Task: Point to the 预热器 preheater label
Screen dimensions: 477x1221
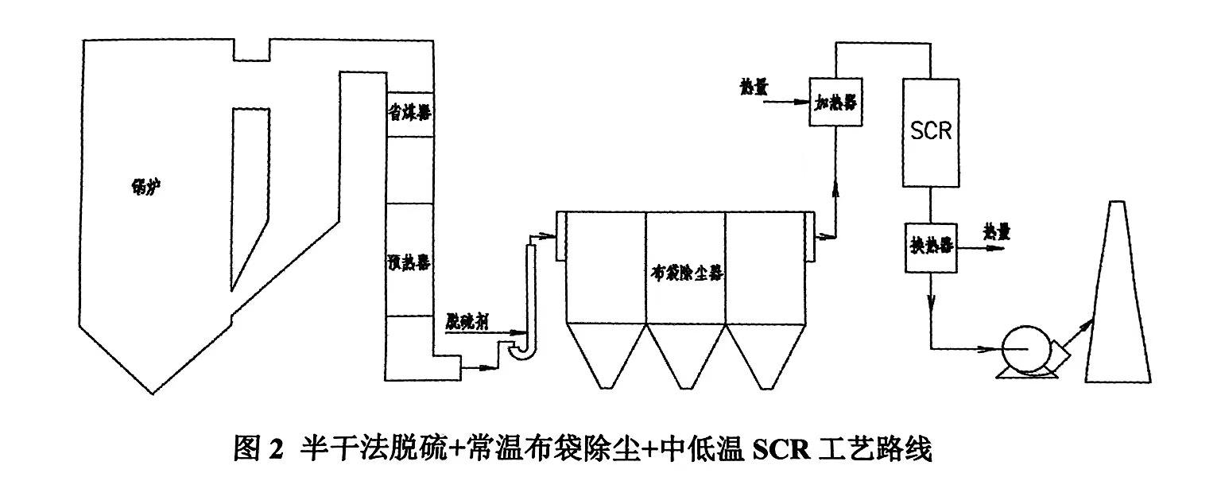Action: [408, 259]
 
